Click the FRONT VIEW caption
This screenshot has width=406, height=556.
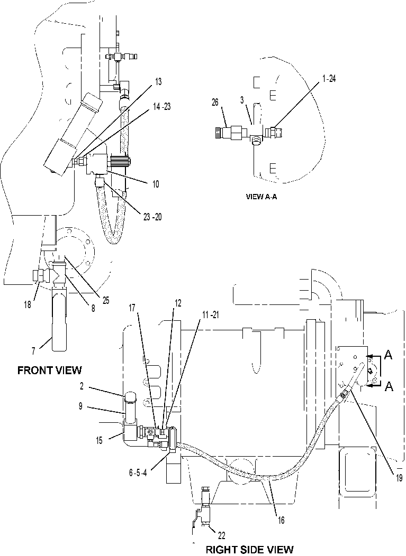point(49,370)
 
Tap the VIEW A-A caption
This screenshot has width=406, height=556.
point(261,197)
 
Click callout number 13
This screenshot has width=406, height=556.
point(158,82)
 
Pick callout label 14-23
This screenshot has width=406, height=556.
point(161,106)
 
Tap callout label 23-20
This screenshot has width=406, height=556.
point(152,217)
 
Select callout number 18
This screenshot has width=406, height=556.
point(28,304)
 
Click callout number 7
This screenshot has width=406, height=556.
point(33,351)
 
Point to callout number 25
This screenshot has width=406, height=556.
point(105,301)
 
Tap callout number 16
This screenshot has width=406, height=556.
point(281,521)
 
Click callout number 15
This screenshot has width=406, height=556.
point(99,440)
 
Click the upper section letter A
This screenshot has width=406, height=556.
point(389,355)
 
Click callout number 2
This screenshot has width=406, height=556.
point(82,386)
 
